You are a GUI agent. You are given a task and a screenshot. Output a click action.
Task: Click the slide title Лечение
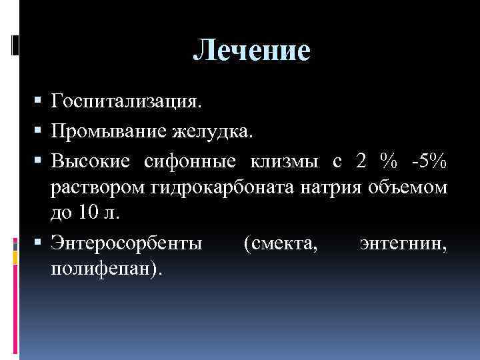[252, 51]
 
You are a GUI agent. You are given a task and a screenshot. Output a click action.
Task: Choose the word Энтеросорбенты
[126, 243]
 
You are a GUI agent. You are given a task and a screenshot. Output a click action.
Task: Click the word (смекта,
[281, 243]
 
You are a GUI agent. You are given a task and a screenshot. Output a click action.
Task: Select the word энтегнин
[403, 243]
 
